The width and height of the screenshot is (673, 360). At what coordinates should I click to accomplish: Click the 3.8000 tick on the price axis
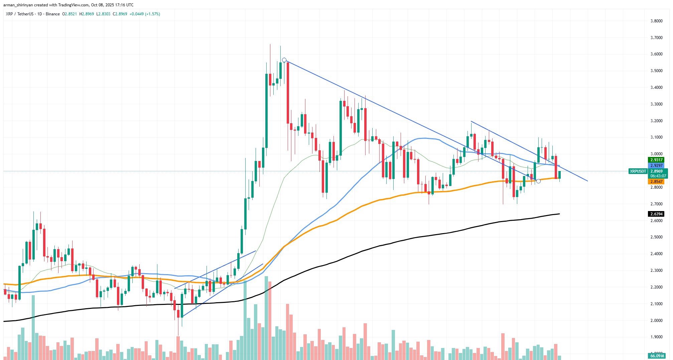tap(656, 21)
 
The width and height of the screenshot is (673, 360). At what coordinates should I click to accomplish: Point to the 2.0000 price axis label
tap(656, 321)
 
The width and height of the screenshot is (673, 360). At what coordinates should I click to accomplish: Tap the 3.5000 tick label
tap(656, 71)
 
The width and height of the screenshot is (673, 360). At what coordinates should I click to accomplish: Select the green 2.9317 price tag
tap(656, 160)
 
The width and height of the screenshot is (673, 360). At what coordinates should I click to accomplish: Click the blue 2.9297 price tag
tap(656, 166)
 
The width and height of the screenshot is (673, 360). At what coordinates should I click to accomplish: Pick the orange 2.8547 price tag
tap(656, 182)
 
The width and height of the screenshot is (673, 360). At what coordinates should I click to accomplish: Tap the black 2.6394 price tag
tap(656, 214)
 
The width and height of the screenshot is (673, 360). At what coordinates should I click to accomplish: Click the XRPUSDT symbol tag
tap(638, 171)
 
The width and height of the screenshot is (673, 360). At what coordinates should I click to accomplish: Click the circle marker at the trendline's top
tap(284, 60)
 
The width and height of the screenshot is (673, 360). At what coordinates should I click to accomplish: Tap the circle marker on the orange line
tap(538, 181)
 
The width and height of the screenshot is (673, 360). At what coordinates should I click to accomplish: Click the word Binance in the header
tap(53, 14)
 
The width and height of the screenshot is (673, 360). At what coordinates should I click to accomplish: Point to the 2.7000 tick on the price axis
tap(656, 204)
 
